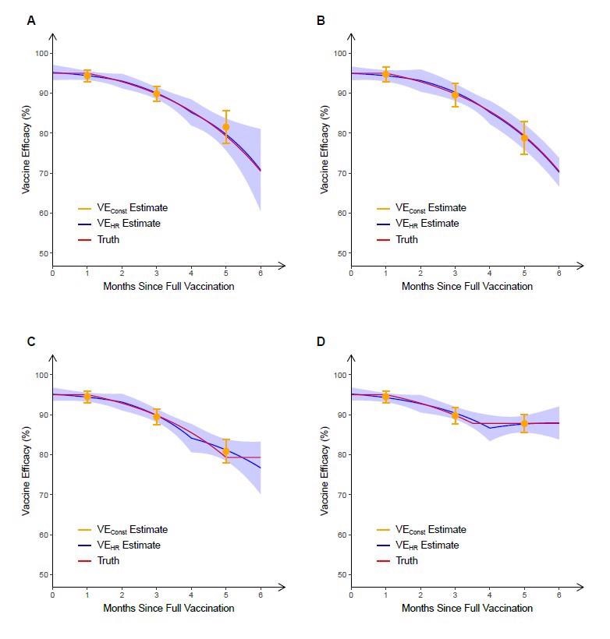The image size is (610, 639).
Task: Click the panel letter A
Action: [x=31, y=21]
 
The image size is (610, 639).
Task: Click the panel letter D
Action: [x=321, y=342]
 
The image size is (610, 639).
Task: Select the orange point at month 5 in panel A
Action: [x=226, y=127]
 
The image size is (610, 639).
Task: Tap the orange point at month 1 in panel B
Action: [x=385, y=74]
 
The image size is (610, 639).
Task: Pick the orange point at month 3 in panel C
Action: [x=157, y=417]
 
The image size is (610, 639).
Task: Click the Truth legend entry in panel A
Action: [x=109, y=240]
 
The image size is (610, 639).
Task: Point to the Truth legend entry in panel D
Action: [x=407, y=561]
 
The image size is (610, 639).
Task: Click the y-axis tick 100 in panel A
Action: [x=41, y=53]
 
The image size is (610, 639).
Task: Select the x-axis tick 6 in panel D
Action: [x=559, y=595]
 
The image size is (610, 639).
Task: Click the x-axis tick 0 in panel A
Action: [x=53, y=274]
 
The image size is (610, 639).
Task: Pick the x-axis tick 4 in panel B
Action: [x=490, y=274]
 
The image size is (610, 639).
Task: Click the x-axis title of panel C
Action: [x=168, y=608]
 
